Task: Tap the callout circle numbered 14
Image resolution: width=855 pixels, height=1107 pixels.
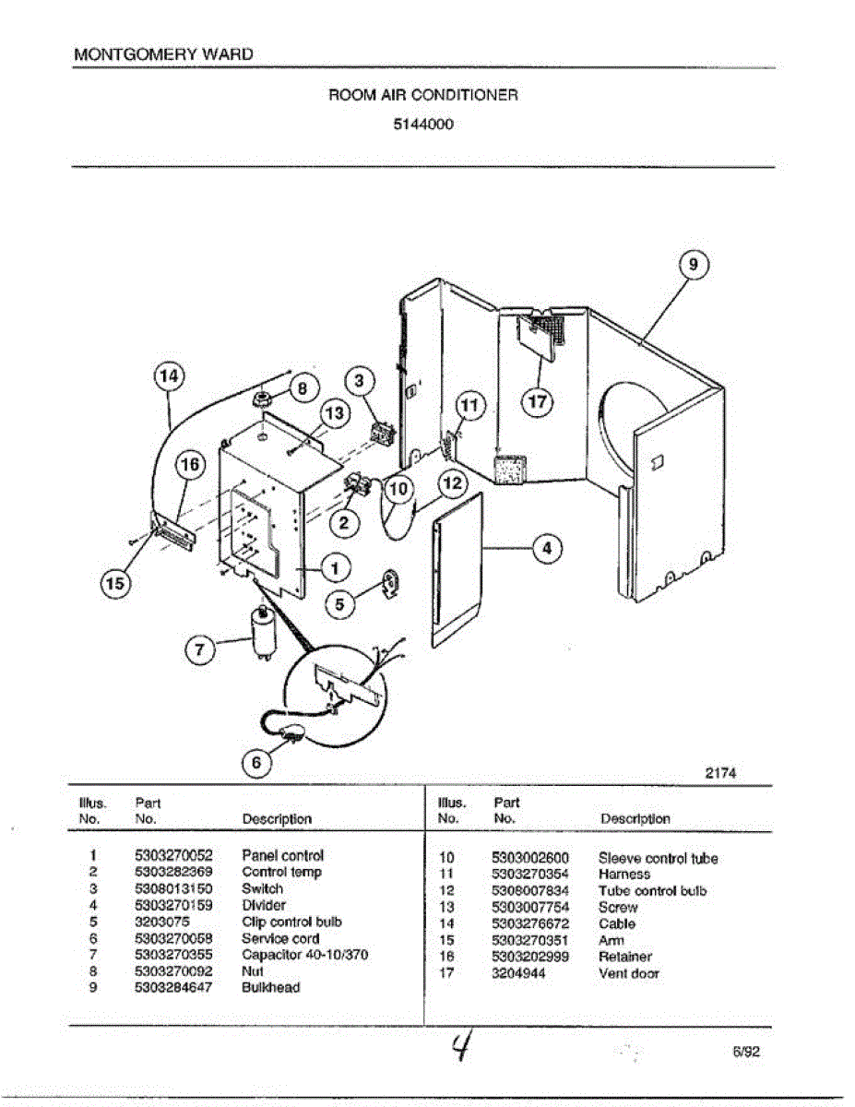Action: [x=168, y=376]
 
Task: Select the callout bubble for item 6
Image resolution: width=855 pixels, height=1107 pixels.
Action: [x=257, y=763]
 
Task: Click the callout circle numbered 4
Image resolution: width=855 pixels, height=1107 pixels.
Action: [x=547, y=548]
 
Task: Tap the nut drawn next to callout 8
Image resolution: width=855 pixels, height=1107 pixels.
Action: [x=260, y=399]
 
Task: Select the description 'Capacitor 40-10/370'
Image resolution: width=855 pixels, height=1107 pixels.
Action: [x=304, y=955]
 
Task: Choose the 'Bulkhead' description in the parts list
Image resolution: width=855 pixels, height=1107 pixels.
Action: [x=270, y=987]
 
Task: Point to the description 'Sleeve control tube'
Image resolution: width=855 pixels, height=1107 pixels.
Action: [x=658, y=858]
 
